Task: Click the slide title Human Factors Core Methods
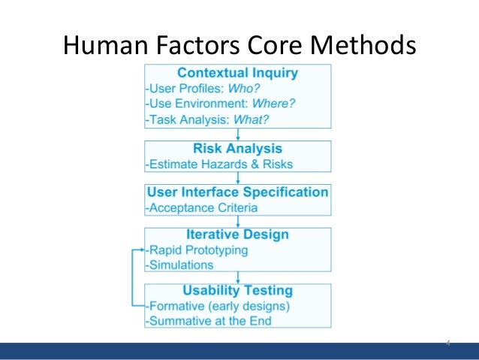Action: coord(239,47)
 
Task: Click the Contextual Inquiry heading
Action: coord(237,74)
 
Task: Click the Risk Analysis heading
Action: coord(237,149)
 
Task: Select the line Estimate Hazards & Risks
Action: coord(220,164)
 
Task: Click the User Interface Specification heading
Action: coord(237,192)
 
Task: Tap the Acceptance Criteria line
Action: coord(202,207)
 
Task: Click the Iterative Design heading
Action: coord(237,235)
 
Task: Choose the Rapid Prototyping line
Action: coord(198,250)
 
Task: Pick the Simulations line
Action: coord(181,265)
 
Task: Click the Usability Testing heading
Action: coord(237,291)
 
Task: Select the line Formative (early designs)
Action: coord(218,306)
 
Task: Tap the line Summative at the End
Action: coord(209,321)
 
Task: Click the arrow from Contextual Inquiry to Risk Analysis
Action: coord(237,135)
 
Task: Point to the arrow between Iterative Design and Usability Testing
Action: coord(237,277)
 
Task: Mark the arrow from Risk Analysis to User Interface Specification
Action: coord(237,178)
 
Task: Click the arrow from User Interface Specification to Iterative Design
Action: coord(237,222)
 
